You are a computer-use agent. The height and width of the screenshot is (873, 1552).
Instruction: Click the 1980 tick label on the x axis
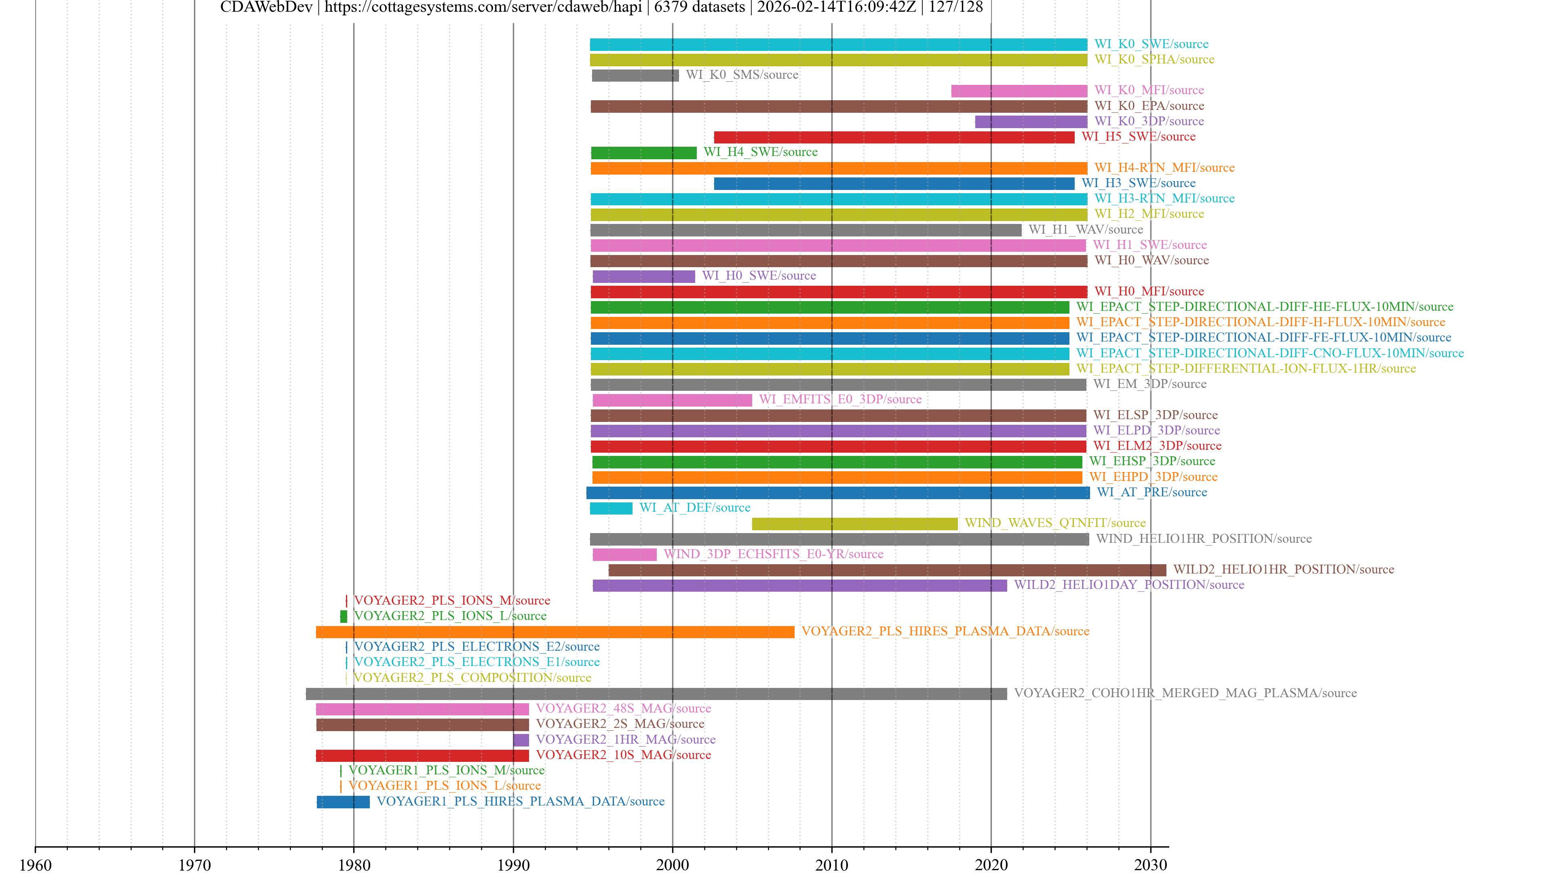354,865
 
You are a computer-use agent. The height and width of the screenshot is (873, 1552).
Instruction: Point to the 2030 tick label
1150,865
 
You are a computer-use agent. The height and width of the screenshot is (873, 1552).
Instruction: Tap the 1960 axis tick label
36,865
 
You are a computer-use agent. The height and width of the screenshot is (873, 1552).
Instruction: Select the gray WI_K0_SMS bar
635,75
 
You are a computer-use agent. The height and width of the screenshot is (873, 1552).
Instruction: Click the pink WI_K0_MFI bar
1019,91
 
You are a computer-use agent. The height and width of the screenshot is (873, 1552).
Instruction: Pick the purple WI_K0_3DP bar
1031,122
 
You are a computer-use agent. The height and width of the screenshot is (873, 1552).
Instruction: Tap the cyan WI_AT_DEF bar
611,508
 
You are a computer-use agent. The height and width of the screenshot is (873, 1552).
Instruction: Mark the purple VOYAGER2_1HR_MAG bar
521,740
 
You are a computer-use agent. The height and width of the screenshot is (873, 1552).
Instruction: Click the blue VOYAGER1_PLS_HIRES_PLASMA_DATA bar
343,802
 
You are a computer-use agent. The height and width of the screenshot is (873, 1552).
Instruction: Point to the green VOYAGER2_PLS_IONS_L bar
344,616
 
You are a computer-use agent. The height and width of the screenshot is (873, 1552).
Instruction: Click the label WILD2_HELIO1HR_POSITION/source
1283,569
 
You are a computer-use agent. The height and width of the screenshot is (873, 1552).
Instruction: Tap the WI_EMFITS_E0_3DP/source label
840,399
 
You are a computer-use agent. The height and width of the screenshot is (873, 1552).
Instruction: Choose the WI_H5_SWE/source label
1138,137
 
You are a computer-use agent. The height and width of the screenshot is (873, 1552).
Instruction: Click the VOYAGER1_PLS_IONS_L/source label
445,786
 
